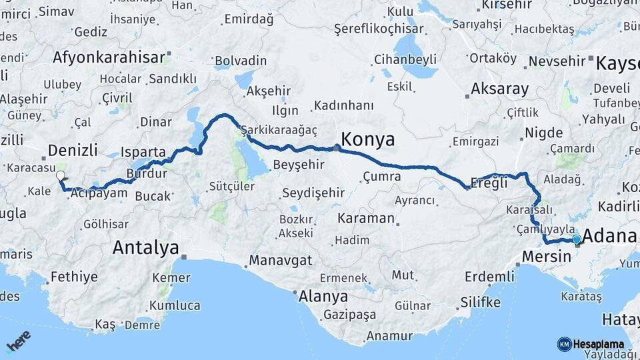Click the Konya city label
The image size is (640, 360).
tap(367, 139)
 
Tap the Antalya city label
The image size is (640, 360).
tap(145, 248)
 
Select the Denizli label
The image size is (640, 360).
tap(73, 149)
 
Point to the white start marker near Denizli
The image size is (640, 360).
tap(61, 176)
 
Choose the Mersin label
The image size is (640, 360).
tap(547, 256)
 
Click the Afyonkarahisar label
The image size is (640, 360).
tap(109, 57)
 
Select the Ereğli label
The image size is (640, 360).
tap(489, 183)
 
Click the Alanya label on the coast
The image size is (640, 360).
tap(323, 296)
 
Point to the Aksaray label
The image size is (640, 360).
tap(499, 89)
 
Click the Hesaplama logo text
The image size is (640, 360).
tap(598, 344)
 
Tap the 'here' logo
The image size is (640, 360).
tap(19, 341)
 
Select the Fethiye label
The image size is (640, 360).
tap(74, 276)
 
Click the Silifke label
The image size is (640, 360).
tap(480, 303)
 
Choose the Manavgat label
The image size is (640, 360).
tap(281, 260)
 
